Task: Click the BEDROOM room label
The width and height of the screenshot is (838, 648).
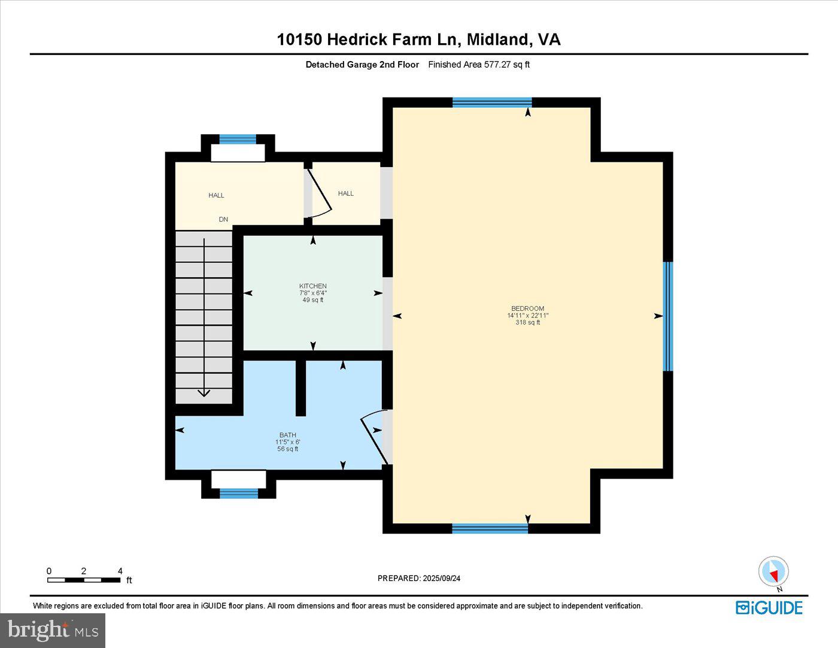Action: click(x=527, y=308)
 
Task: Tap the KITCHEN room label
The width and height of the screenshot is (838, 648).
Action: click(x=312, y=286)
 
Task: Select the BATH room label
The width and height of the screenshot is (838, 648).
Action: click(x=287, y=435)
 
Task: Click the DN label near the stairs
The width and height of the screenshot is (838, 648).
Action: click(x=223, y=219)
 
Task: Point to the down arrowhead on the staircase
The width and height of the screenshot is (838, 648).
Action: click(x=204, y=393)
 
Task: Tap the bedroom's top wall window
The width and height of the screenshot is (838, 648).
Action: click(x=491, y=102)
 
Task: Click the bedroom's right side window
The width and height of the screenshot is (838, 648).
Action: click(x=668, y=316)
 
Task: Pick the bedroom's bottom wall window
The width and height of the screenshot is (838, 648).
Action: click(x=490, y=528)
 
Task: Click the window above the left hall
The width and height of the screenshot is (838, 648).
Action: click(x=237, y=140)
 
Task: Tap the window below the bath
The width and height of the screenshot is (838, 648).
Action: click(x=238, y=493)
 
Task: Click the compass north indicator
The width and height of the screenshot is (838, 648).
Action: click(x=773, y=572)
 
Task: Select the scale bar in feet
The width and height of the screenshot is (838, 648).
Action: click(x=84, y=580)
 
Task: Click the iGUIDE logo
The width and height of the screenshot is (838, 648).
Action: click(x=769, y=607)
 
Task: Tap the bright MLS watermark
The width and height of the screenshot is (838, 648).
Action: click(x=53, y=630)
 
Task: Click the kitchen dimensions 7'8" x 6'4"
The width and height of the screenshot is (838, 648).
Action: click(x=312, y=293)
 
